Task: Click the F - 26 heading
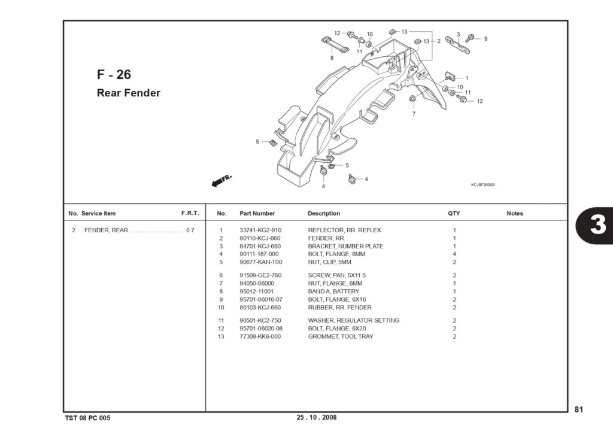pyautogui.click(x=114, y=75)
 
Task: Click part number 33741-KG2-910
pyautogui.click(x=260, y=230)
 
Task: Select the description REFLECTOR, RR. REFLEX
pyautogui.click(x=344, y=230)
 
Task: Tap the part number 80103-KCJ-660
pyautogui.click(x=260, y=308)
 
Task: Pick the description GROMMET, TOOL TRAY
pyautogui.click(x=341, y=336)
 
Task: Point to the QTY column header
pyautogui.click(x=454, y=214)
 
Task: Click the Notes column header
pyautogui.click(x=515, y=214)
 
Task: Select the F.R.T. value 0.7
pyautogui.click(x=190, y=230)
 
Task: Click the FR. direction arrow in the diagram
pyautogui.click(x=221, y=181)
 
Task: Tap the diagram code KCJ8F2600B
pyautogui.click(x=483, y=185)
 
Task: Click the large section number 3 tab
pyautogui.click(x=597, y=225)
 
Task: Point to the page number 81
pyautogui.click(x=579, y=409)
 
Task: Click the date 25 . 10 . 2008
pyautogui.click(x=316, y=417)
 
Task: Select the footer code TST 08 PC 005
pyautogui.click(x=87, y=418)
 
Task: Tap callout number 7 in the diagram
pyautogui.click(x=414, y=114)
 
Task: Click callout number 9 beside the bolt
pyautogui.click(x=485, y=39)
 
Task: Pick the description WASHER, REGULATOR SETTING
pyautogui.click(x=353, y=321)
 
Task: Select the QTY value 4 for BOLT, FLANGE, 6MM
pyautogui.click(x=454, y=254)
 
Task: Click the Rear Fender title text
pyautogui.click(x=129, y=93)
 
